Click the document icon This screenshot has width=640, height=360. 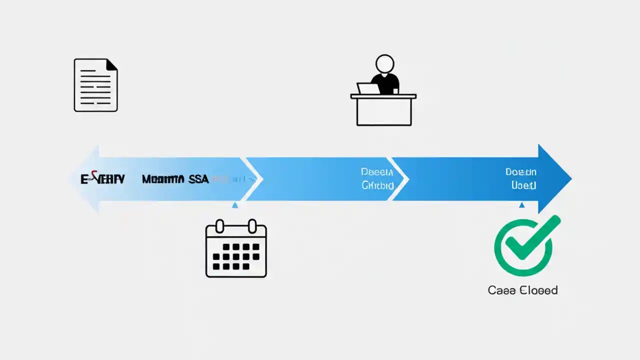click(x=95, y=85)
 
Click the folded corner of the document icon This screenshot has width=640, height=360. click(x=112, y=64)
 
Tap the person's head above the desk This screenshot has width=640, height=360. click(x=385, y=64)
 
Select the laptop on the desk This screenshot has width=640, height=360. click(x=368, y=89)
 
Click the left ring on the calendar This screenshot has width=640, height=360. click(x=220, y=226)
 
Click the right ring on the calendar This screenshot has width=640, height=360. click(x=252, y=226)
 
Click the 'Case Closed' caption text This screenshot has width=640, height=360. click(x=522, y=290)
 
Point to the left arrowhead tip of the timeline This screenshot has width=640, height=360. click(x=71, y=178)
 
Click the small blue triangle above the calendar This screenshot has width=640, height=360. click(x=235, y=205)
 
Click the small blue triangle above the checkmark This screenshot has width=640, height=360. click(x=522, y=205)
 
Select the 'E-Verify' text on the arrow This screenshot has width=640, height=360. click(x=102, y=179)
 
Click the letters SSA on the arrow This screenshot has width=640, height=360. click(x=198, y=179)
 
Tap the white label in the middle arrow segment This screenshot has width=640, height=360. click(x=377, y=178)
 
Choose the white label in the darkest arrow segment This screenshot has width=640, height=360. click(x=521, y=178)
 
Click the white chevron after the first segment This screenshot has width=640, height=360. click(x=253, y=178)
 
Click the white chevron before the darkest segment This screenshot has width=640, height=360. click(x=400, y=178)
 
